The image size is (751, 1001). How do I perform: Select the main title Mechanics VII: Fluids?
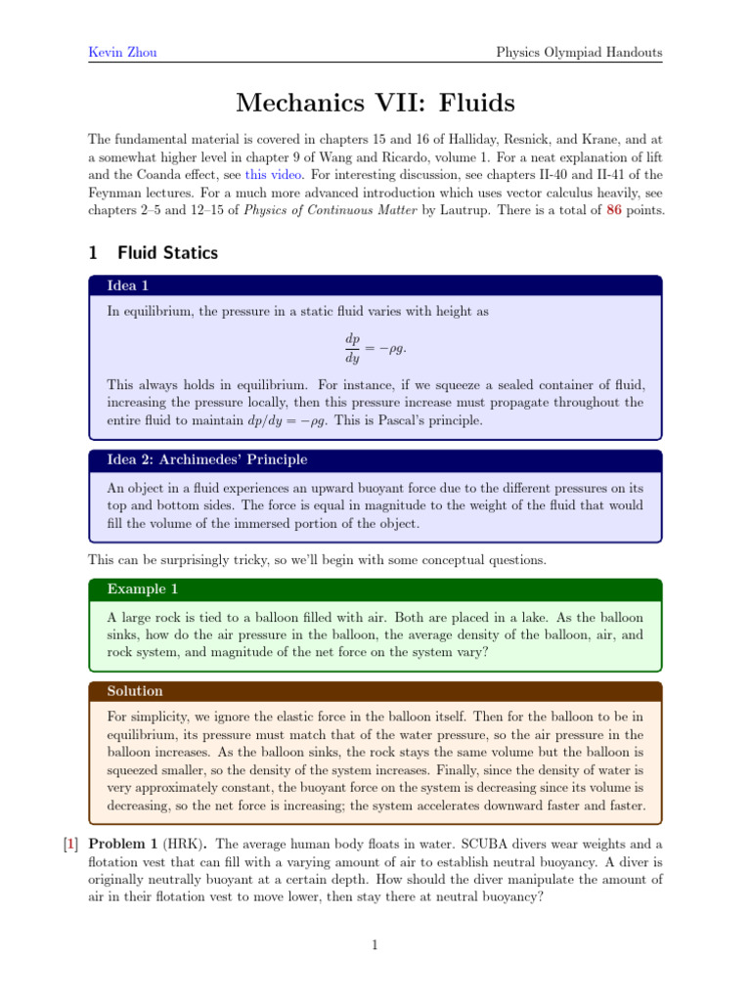pyautogui.click(x=375, y=102)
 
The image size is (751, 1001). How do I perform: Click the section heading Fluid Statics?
pyautogui.click(x=167, y=253)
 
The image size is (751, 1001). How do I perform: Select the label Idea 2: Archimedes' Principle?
pyautogui.click(x=207, y=459)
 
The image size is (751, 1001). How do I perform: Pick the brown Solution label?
pyautogui.click(x=136, y=691)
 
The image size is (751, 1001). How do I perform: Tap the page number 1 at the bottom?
pyautogui.click(x=375, y=944)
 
